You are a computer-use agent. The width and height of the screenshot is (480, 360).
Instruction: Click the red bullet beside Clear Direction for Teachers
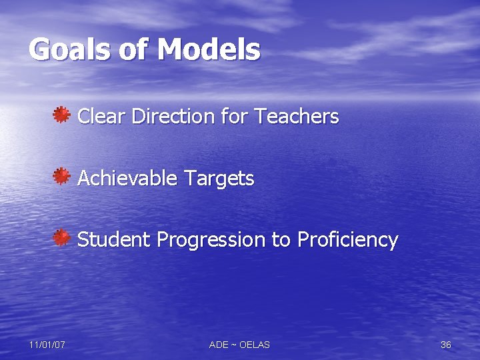[62, 115]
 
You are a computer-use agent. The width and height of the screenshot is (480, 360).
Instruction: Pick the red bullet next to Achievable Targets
[62, 177]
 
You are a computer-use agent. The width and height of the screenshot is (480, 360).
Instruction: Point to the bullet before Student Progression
[62, 238]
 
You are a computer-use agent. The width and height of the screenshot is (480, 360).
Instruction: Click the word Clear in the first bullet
[102, 117]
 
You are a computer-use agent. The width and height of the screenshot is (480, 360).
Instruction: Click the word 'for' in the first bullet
[233, 117]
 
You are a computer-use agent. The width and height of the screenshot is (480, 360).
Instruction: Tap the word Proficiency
[347, 240]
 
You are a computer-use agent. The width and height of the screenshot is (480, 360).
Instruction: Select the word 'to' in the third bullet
[281, 240]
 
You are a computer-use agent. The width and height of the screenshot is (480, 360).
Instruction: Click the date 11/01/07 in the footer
[47, 345]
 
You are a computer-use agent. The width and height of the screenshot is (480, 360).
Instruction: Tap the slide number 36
[446, 345]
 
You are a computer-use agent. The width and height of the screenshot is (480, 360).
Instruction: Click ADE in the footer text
[219, 345]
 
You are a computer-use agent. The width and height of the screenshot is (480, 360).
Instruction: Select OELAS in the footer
[254, 345]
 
